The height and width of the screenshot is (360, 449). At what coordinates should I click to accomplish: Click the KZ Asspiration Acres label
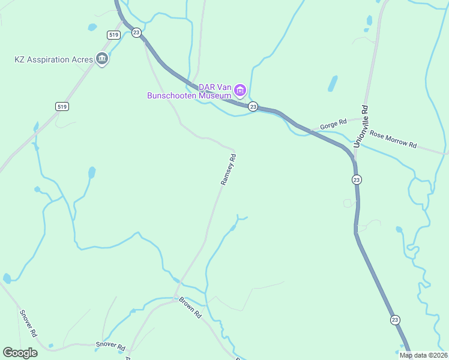click(54, 59)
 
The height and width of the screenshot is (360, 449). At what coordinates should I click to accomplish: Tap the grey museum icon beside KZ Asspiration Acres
click(102, 59)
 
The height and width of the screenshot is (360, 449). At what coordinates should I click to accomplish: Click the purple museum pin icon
click(240, 91)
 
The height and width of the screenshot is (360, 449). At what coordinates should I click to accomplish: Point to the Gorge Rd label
click(334, 124)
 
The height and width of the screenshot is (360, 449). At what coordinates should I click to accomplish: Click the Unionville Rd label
click(361, 127)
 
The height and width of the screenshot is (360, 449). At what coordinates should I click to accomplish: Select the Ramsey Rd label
click(229, 169)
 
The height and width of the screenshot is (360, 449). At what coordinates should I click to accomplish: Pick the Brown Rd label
click(190, 307)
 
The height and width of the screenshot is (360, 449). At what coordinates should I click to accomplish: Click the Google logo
click(20, 353)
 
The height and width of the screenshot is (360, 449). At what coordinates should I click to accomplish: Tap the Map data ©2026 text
click(423, 355)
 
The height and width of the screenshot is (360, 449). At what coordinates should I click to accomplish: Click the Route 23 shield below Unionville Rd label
click(357, 179)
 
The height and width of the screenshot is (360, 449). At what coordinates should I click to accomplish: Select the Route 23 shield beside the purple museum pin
click(253, 106)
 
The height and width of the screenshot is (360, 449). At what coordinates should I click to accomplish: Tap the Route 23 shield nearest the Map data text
click(394, 319)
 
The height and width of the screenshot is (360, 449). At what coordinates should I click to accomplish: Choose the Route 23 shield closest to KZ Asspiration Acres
click(136, 33)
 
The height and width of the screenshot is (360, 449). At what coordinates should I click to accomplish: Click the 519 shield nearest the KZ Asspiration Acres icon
click(114, 35)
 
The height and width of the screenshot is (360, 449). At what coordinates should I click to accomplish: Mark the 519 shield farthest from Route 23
click(62, 106)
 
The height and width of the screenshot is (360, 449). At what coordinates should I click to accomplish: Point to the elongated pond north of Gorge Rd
click(333, 83)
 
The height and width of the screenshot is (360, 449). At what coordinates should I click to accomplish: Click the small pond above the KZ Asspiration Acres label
click(92, 27)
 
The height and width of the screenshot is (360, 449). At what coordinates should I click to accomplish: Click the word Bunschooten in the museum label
click(190, 95)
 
